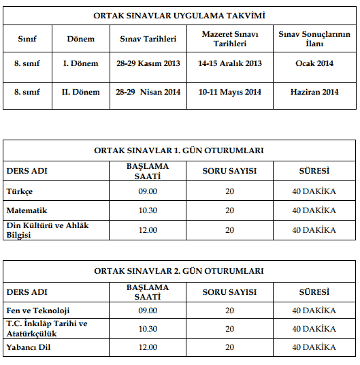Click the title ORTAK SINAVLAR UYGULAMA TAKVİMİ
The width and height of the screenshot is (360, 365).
[179, 14]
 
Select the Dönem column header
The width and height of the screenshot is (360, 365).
[81, 39]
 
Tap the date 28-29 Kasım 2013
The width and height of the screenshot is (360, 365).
[149, 65]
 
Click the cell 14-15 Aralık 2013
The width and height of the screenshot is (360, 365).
[229, 65]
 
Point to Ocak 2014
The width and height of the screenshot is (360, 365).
[314, 65]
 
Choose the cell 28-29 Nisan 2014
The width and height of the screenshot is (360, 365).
[149, 92]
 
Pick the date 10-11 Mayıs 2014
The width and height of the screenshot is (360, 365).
[229, 92]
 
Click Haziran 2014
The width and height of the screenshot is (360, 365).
[314, 92]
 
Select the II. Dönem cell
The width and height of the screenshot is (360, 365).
[81, 92]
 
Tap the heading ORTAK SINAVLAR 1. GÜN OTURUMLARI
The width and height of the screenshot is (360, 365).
[179, 150]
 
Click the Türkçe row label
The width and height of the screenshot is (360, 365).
[20, 191]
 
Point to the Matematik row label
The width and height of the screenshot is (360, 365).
[27, 210]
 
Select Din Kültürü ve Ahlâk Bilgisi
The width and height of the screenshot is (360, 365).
[48, 230]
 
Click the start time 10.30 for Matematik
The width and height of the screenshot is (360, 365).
[147, 210]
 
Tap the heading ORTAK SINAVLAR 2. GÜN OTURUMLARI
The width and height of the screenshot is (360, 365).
[179, 271]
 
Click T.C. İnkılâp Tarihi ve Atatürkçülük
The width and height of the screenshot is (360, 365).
[47, 328]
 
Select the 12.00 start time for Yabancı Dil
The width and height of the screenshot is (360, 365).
[147, 347]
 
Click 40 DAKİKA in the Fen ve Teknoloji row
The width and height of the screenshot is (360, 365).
[314, 310]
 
